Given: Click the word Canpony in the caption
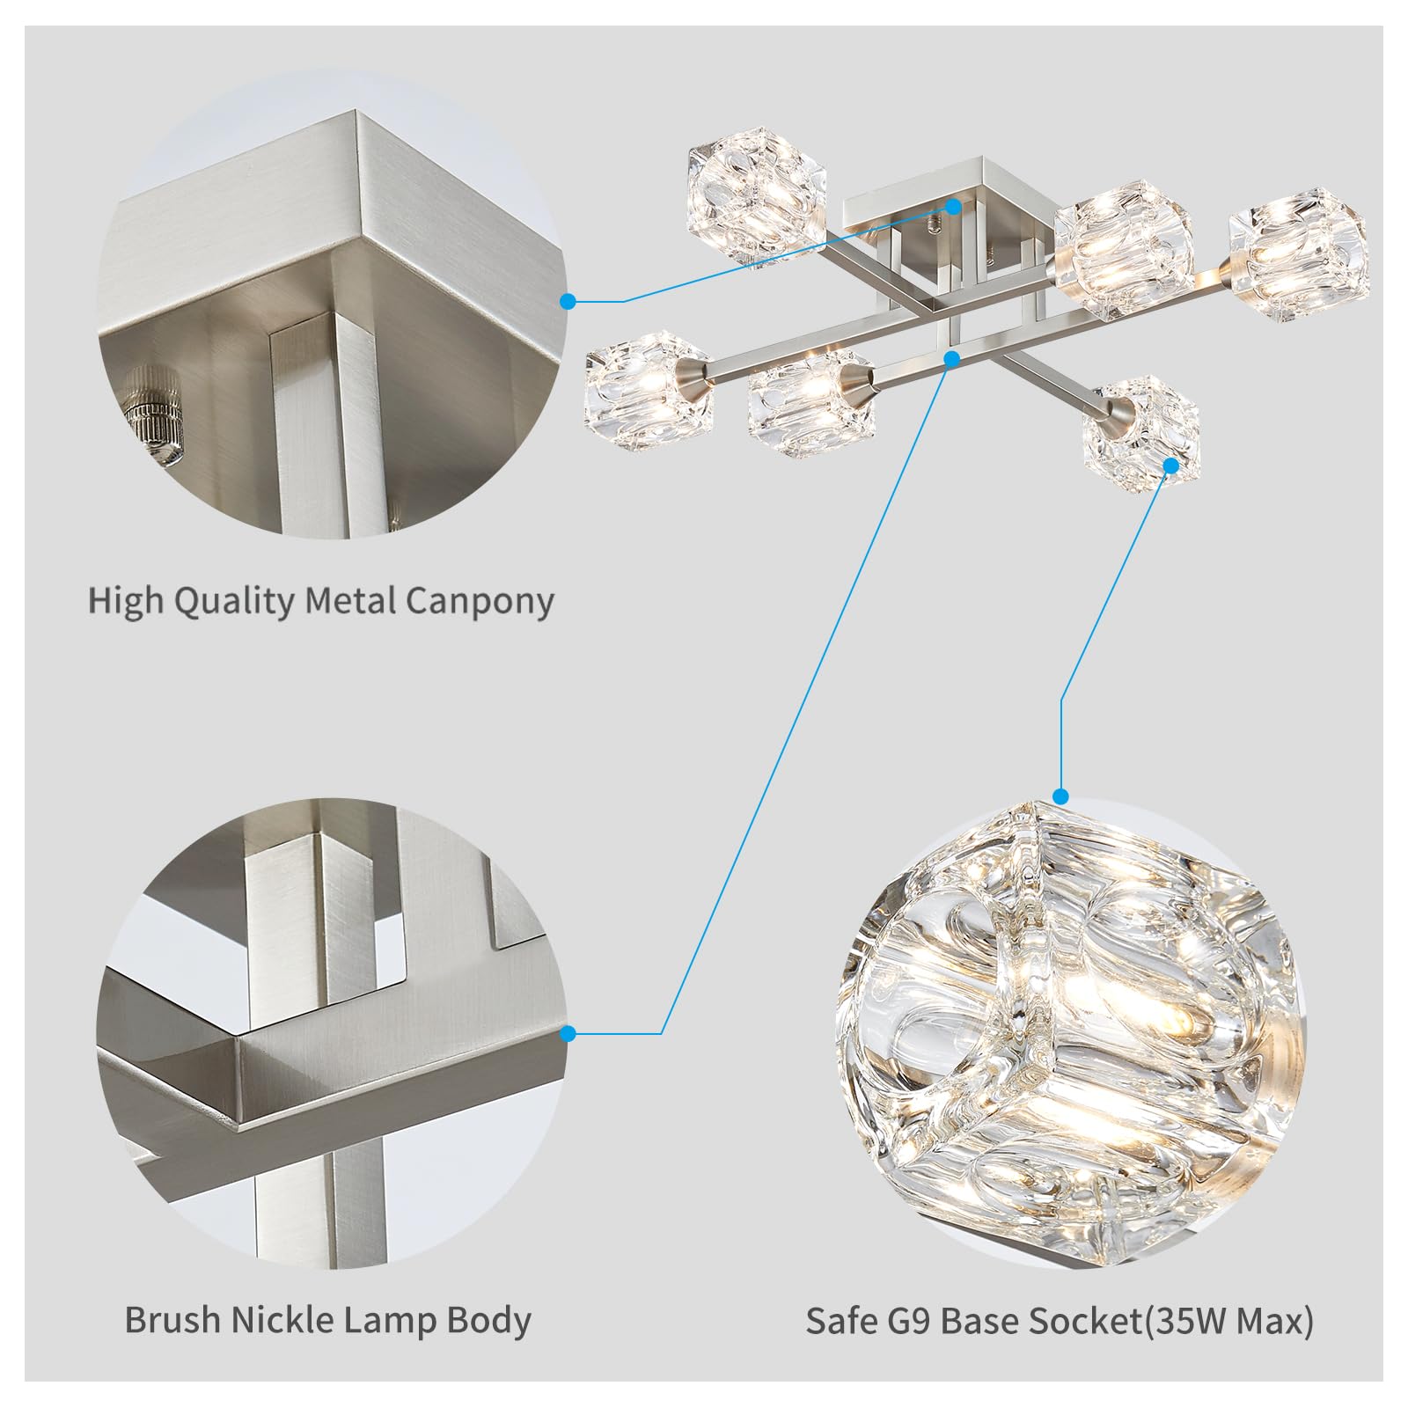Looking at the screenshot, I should (x=480, y=602).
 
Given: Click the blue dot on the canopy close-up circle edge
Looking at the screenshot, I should (x=568, y=301).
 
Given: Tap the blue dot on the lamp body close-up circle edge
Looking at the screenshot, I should (x=568, y=1033).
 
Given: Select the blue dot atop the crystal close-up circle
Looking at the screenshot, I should (x=1060, y=797).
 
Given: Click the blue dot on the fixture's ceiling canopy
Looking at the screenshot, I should (x=953, y=205).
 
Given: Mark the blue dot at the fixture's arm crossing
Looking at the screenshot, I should (x=951, y=358).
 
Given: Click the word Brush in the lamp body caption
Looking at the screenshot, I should (x=172, y=1320).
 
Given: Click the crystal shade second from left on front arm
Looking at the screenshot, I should (x=808, y=401).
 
